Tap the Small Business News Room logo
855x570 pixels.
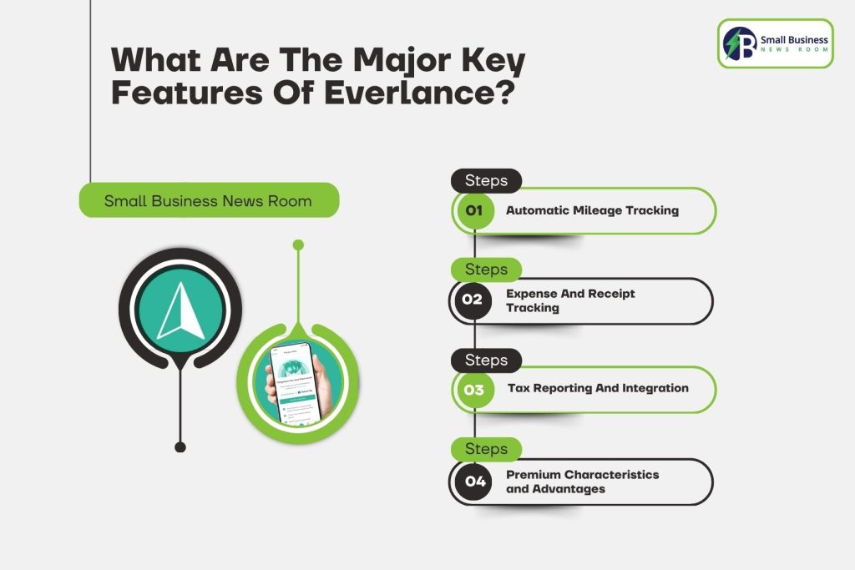[775, 43]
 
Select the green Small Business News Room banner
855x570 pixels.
[208, 200]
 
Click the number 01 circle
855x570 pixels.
[474, 210]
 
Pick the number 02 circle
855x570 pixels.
[473, 300]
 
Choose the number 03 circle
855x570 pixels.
[474, 389]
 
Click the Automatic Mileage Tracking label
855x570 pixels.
[592, 210]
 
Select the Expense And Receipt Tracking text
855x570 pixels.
[570, 300]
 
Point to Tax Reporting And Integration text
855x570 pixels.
[598, 388]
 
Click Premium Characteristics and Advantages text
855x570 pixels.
[582, 482]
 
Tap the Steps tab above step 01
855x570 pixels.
[486, 180]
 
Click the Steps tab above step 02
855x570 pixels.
[486, 270]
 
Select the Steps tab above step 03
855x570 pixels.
[486, 360]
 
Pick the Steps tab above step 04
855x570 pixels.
[486, 449]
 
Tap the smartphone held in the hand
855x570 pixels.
[293, 383]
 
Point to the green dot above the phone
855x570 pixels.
[298, 245]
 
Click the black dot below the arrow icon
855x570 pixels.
[180, 447]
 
